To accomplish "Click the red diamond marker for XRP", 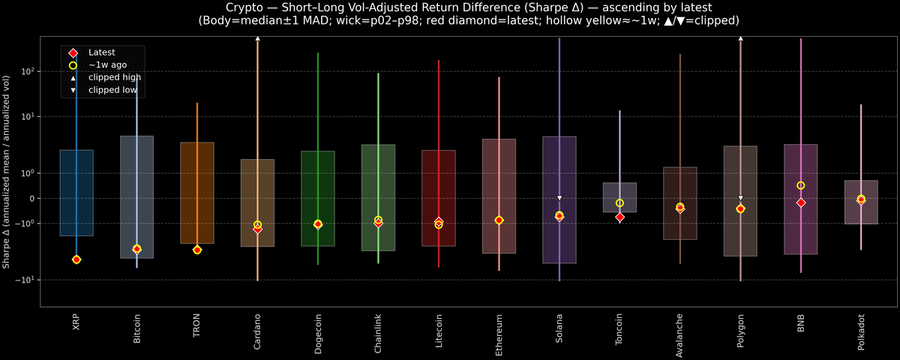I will tap(76, 259).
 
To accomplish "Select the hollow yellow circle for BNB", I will tap(801, 185).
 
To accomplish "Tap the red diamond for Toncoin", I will tap(619, 217).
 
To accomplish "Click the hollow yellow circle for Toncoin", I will tap(619, 203).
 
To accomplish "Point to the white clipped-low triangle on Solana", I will tap(559, 198).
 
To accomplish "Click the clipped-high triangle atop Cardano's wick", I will tap(257, 37).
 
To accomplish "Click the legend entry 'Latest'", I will tap(101, 52).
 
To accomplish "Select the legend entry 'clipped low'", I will tap(113, 89).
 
